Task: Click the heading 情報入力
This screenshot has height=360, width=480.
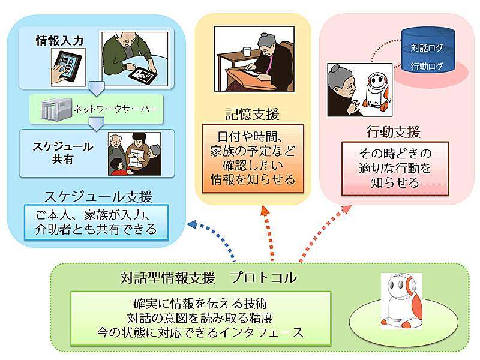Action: coord(59,41)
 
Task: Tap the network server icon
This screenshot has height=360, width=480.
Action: coord(56,109)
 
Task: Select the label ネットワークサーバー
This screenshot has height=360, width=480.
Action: coord(116,109)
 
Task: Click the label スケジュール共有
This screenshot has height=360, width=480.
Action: coord(63,153)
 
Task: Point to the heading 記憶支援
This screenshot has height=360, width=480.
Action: coord(253,114)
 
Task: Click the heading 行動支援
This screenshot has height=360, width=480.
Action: coord(394,132)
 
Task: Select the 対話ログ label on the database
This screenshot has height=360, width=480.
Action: coord(427,48)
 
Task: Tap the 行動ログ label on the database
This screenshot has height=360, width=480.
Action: coord(427,66)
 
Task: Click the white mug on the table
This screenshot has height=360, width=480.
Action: coord(247,52)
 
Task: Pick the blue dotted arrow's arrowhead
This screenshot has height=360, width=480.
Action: coord(191,224)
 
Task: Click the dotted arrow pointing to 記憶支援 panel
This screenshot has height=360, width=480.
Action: coord(268,233)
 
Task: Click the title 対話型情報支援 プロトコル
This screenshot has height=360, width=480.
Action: coord(208,278)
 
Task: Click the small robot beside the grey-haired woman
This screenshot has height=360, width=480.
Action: coord(377,91)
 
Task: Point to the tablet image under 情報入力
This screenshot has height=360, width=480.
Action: coord(68,68)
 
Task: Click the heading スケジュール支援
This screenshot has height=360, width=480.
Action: coord(98,196)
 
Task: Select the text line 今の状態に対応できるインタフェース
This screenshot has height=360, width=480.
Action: coord(200,333)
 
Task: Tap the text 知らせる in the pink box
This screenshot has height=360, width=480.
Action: coord(395,183)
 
